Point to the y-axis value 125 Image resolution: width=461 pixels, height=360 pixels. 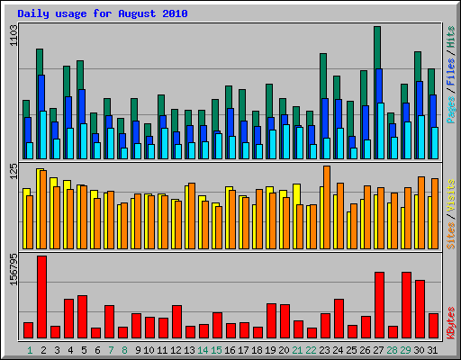(13, 173)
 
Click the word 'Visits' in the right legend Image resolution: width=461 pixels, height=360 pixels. (450, 195)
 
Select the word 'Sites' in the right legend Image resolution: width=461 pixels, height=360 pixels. (450, 232)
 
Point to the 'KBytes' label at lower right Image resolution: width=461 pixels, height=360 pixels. (450, 322)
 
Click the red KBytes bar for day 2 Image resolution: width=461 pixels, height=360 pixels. (41, 297)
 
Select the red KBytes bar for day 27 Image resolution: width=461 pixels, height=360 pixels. (379, 304)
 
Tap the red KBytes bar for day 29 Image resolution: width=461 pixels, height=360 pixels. (406, 304)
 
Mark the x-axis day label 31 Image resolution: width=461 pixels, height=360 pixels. (433, 349)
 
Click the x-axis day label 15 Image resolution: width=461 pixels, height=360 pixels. (217, 349)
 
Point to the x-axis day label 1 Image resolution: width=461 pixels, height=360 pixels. (29, 349)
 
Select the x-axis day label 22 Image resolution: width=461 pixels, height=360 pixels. (312, 349)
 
